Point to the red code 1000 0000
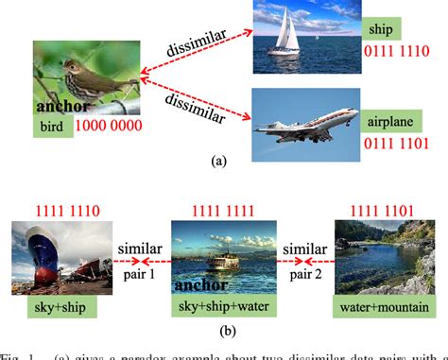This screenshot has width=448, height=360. click(112, 125)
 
